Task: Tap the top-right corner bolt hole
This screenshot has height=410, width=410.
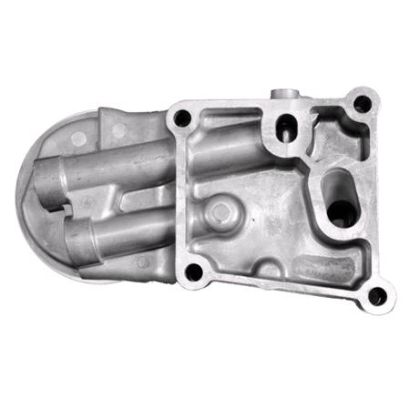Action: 362,103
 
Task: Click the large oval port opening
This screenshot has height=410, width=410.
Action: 341,202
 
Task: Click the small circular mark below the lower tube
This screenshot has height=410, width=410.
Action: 141,261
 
